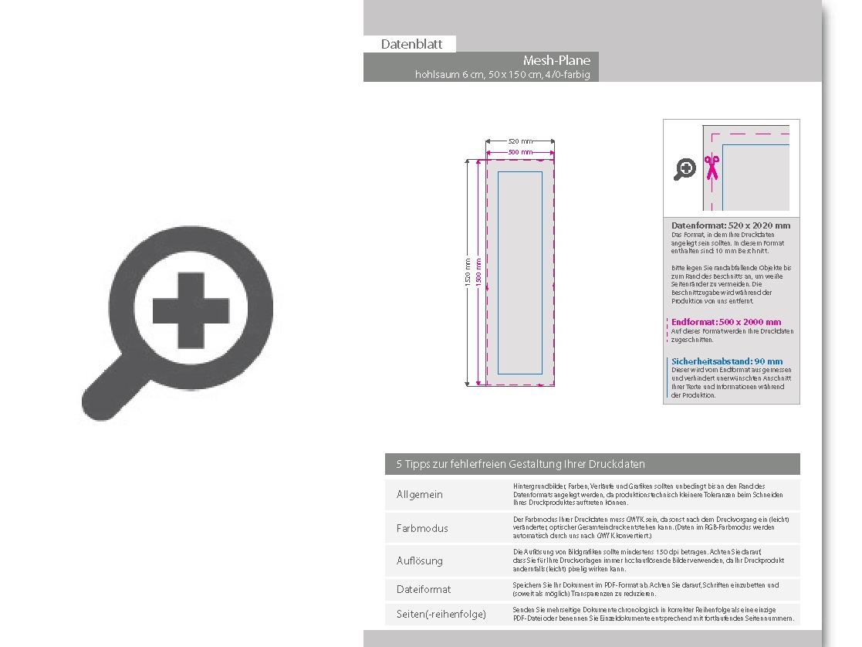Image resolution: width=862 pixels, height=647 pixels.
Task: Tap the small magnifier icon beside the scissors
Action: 685,169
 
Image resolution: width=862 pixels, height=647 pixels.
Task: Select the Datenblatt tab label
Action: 411,44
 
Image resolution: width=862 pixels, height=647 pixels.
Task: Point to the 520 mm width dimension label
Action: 520,141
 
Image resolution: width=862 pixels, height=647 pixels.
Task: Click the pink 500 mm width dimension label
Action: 520,152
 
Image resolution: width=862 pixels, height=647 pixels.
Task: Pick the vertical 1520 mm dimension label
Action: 468,273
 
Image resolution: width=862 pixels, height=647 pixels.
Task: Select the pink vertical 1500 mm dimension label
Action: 478,273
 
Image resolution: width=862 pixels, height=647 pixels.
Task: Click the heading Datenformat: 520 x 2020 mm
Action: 731,225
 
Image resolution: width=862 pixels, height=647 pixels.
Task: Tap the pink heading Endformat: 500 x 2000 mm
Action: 726,322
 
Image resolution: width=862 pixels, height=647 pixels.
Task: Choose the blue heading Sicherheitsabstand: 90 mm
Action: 727,361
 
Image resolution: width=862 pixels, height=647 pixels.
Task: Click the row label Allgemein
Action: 420,494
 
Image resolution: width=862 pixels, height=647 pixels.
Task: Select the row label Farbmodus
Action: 422,528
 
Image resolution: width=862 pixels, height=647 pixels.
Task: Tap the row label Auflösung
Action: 420,561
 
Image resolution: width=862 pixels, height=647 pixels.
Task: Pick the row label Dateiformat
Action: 424,589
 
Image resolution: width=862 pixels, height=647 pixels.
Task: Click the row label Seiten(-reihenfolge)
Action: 441,615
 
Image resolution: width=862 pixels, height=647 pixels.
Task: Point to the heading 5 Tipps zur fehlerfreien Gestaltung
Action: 520,464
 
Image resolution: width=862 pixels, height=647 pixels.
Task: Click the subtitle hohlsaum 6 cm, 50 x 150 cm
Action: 502,75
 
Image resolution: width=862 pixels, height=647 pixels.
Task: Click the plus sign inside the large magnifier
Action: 191,311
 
